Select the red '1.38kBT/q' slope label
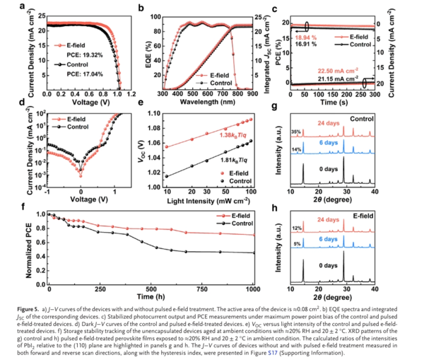pos(219,135)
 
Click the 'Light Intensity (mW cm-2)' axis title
pos(212,202)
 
